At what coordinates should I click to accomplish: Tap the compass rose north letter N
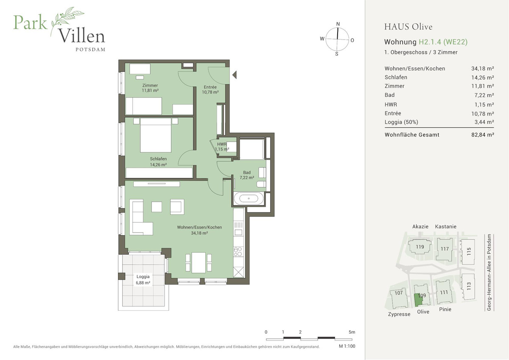point(338,24)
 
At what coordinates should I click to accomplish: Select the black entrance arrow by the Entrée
point(235,76)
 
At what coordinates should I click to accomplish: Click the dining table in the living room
point(198,262)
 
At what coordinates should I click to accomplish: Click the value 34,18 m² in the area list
point(482,68)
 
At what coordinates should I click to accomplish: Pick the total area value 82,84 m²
point(482,135)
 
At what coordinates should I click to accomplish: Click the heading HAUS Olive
point(408,27)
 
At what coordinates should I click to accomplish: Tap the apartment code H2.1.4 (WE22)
point(443,42)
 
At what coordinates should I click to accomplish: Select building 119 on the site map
point(420,247)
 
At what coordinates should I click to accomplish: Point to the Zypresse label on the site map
point(399,314)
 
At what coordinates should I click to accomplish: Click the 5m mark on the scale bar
point(352,332)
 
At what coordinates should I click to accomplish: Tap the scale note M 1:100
point(347,346)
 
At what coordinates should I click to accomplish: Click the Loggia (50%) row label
point(401,122)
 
